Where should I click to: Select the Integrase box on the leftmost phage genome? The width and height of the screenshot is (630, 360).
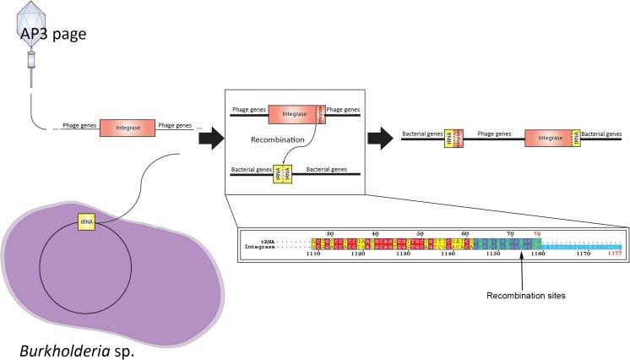(x=127, y=128)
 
